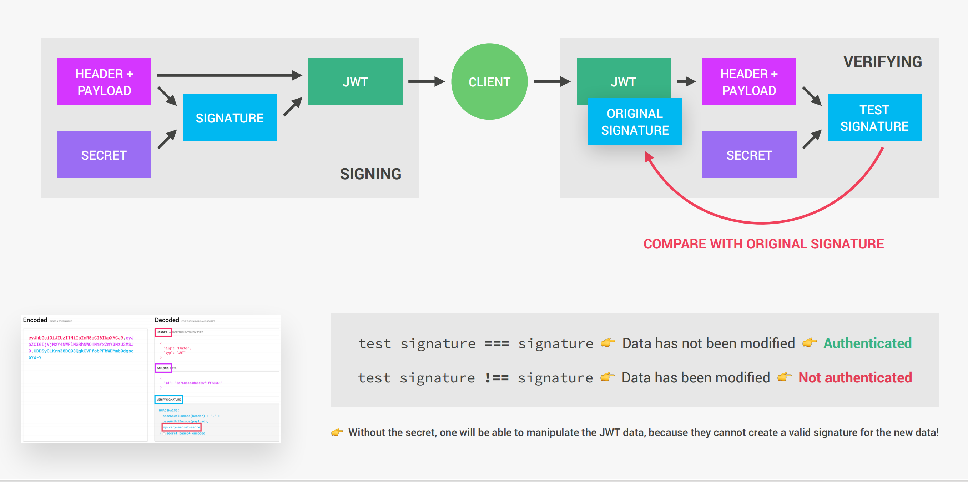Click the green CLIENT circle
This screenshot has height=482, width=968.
[489, 82]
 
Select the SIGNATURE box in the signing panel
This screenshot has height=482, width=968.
[230, 118]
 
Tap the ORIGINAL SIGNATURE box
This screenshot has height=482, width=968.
[635, 121]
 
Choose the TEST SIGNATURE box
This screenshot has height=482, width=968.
[874, 118]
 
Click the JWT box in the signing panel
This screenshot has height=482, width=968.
[355, 81]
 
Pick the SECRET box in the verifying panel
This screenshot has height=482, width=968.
[749, 154]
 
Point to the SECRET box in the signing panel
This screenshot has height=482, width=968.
[104, 154]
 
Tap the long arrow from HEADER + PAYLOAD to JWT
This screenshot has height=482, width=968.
[229, 75]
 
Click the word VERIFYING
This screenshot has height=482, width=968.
[882, 62]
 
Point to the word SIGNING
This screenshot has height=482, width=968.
[370, 174]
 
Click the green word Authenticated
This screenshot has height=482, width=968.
[867, 343]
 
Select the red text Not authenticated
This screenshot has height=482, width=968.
[855, 377]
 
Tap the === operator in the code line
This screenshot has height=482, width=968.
[496, 343]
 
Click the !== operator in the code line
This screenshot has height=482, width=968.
[496, 377]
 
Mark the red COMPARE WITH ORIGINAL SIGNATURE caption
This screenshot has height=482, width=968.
[763, 243]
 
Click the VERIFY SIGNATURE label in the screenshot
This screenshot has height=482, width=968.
[168, 399]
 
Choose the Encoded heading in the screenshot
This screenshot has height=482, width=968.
[35, 320]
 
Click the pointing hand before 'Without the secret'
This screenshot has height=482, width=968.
[337, 432]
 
